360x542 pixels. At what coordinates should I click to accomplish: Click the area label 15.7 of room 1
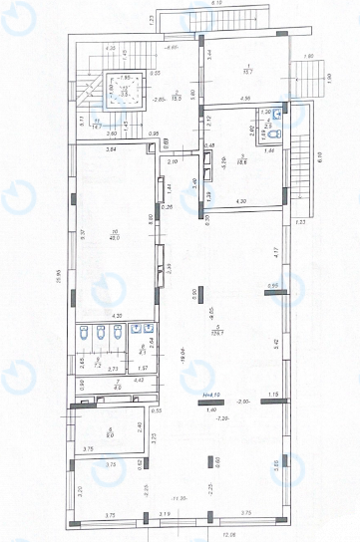(x=248, y=70)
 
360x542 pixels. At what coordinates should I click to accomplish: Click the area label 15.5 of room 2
(x=176, y=97)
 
